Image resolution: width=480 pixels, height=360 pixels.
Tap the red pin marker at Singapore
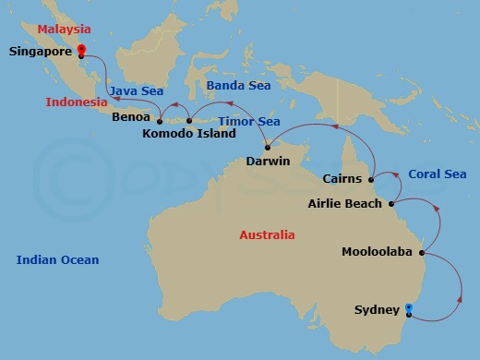(81, 50)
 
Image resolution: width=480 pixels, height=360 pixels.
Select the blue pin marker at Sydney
(408, 309)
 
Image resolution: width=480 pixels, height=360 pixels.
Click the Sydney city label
(377, 310)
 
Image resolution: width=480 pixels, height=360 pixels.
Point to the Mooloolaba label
(378, 251)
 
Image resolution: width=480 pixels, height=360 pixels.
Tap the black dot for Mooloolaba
(421, 251)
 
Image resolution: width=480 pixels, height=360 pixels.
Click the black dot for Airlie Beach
(391, 203)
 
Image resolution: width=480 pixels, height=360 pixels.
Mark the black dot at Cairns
(371, 179)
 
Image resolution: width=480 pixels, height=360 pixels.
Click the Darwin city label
(268, 161)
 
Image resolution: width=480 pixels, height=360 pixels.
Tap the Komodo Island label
(189, 133)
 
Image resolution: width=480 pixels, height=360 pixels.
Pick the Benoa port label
(130, 118)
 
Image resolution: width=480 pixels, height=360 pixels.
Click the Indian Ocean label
(57, 260)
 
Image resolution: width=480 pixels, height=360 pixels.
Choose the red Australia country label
(267, 234)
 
